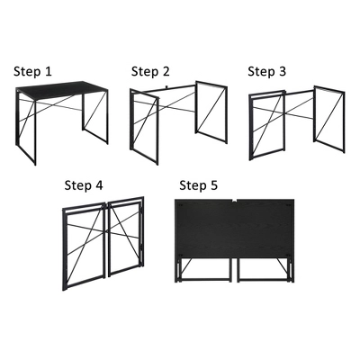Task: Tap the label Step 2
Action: pyautogui.click(x=149, y=71)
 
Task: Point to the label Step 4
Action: pyautogui.click(x=84, y=184)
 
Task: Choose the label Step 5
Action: pyautogui.click(x=199, y=184)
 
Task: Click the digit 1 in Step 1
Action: pyautogui.click(x=49, y=69)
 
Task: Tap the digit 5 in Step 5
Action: pyautogui.click(x=214, y=184)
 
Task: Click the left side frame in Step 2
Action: pyautogui.click(x=144, y=126)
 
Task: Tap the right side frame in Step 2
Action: pyautogui.click(x=213, y=112)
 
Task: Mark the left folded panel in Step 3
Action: pyautogui.click(x=261, y=126)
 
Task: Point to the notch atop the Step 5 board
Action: pyautogui.click(x=236, y=201)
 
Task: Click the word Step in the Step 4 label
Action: pyautogui.click(x=77, y=184)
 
